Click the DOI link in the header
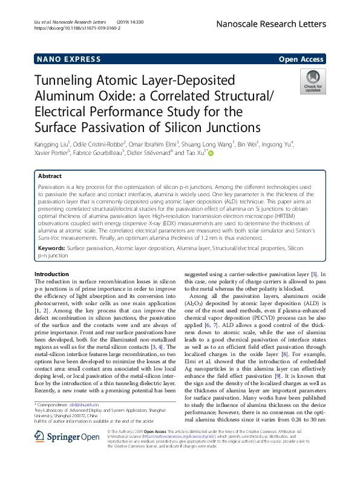click(77, 28)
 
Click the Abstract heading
click(50, 175)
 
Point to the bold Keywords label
click(51, 248)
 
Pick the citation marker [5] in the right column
click(315, 274)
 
